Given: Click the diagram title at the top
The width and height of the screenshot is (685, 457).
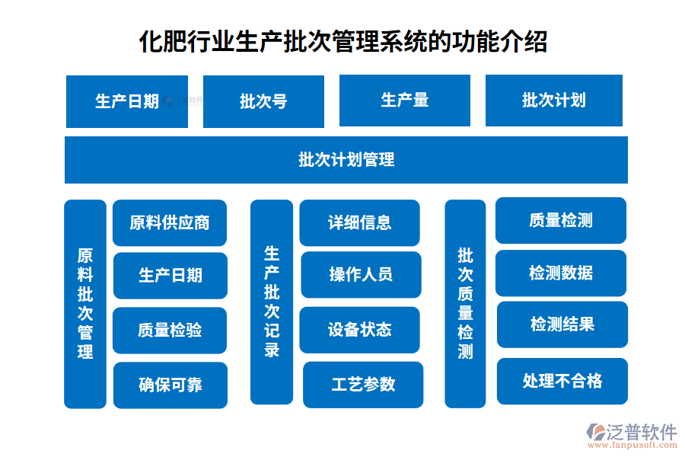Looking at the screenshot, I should click(x=342, y=41).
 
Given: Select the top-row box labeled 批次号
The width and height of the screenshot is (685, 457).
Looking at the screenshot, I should click(x=263, y=101).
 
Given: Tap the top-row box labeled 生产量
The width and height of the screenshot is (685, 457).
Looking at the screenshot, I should click(x=404, y=100).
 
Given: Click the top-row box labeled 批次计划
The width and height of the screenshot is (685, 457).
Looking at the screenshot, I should click(x=553, y=100).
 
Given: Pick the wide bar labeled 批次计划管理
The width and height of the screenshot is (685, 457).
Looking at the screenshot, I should click(x=346, y=160).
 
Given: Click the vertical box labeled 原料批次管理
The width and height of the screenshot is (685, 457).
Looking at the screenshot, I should click(x=85, y=304).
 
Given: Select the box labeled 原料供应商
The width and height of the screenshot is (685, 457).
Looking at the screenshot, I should click(x=170, y=222).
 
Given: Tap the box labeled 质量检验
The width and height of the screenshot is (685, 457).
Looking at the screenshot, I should click(x=170, y=331).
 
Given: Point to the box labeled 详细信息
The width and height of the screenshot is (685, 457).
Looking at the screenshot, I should click(x=359, y=222).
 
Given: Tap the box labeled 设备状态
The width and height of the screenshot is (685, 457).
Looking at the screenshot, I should click(x=359, y=330).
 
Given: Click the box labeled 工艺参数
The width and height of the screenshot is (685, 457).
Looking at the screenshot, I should click(x=363, y=385).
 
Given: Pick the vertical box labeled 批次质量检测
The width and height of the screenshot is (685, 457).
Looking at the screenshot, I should click(x=465, y=303).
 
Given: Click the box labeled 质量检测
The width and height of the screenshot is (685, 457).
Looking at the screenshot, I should click(x=561, y=221).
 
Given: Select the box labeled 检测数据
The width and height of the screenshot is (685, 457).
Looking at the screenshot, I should click(x=561, y=273).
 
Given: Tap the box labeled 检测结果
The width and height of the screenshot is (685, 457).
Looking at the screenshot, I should click(x=562, y=324).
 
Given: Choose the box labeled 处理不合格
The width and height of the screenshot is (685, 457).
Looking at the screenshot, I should click(x=562, y=381).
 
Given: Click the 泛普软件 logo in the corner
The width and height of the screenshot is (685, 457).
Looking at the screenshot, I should click(x=631, y=436).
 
